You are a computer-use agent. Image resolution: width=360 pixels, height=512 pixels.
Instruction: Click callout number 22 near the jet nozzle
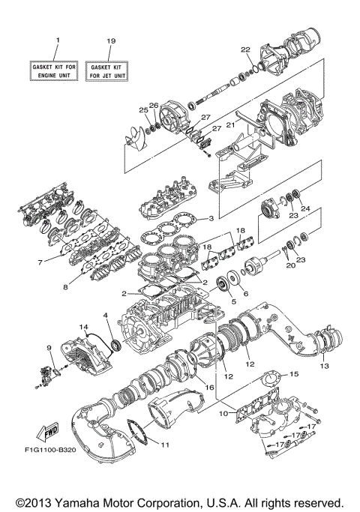(x=244, y=49)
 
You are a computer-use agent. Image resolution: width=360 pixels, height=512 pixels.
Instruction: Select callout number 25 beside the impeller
(x=142, y=111)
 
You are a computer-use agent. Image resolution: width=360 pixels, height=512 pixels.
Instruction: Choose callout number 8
(x=65, y=286)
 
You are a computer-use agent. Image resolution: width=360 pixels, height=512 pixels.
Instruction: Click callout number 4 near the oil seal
(x=106, y=316)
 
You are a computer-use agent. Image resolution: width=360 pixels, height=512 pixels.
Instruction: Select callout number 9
(x=49, y=348)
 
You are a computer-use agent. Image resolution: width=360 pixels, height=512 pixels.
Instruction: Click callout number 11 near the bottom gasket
(x=165, y=444)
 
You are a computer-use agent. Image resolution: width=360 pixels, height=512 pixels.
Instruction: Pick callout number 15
(x=294, y=373)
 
